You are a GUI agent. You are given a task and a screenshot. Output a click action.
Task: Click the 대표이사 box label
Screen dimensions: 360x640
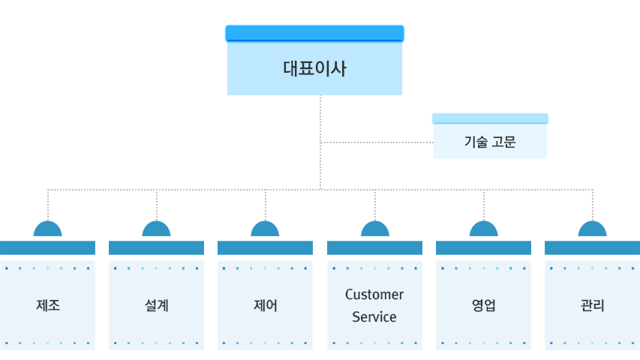[x=314, y=70]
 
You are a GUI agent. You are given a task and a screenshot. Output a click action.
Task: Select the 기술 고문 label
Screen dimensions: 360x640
[x=490, y=142]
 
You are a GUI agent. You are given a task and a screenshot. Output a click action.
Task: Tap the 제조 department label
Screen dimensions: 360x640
[x=48, y=305]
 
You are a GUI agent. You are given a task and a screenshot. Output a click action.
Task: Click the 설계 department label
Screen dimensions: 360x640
[x=156, y=305]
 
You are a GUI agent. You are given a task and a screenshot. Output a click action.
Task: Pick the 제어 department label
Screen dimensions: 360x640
[x=265, y=305]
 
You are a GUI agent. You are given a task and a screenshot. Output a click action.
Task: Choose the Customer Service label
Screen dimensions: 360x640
[x=374, y=305]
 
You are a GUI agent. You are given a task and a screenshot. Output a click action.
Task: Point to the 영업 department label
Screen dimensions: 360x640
[x=483, y=305]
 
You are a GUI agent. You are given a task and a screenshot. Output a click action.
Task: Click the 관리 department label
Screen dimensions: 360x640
[x=592, y=305]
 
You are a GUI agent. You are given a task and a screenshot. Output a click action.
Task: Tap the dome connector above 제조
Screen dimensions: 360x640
[x=48, y=229]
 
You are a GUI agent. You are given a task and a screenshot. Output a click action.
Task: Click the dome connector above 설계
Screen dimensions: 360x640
[x=156, y=229]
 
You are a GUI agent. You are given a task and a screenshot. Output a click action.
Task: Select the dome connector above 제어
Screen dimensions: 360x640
[x=265, y=229]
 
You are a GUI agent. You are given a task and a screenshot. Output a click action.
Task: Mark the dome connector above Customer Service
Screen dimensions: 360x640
[x=374, y=229]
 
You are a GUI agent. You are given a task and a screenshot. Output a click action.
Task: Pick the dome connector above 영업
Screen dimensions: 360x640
[x=483, y=229]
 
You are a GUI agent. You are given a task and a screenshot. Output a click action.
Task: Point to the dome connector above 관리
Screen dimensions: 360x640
[x=592, y=229]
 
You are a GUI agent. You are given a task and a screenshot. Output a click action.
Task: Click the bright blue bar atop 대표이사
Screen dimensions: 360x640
[x=314, y=33]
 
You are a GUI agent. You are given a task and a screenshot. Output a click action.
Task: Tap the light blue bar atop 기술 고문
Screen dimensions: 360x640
[x=490, y=118]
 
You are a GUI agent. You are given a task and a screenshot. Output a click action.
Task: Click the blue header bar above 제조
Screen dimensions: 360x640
[x=48, y=247]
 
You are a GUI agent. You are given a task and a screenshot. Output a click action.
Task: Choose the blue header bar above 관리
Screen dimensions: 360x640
[x=592, y=247]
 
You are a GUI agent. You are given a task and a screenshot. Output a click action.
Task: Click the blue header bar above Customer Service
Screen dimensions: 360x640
[x=374, y=247]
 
